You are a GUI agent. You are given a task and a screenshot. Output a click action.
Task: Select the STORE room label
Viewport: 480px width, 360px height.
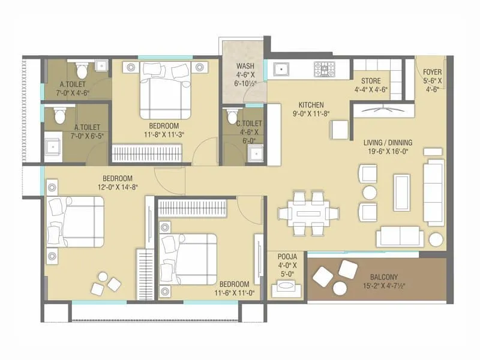[370, 82]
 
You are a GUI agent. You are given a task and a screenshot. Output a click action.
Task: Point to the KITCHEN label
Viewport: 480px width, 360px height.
[311, 104]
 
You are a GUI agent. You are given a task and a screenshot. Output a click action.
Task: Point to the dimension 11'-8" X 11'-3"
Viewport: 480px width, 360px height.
[163, 135]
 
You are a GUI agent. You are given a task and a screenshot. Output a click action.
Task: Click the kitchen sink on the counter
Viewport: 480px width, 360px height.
[280, 69]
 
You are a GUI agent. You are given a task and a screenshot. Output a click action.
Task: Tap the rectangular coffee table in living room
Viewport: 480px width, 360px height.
[401, 191]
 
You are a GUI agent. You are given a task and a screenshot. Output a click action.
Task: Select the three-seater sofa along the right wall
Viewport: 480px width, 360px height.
[434, 191]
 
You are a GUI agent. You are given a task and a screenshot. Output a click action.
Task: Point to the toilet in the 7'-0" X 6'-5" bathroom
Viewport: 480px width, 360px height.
[58, 113]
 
